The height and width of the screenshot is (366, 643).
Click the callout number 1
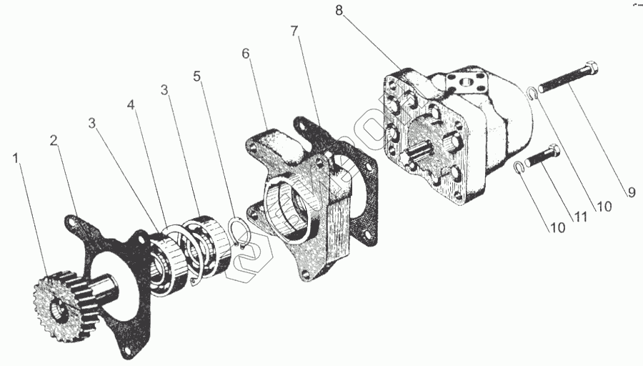point(16,157)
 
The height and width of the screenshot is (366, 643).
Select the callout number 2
point(54,141)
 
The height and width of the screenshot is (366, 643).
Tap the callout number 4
point(131,104)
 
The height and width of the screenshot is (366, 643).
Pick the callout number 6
point(246,54)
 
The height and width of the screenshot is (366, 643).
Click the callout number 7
point(294,32)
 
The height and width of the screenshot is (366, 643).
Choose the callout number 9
point(632,192)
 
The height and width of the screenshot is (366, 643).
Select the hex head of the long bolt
point(590,69)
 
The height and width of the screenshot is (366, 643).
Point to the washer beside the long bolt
point(532,91)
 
